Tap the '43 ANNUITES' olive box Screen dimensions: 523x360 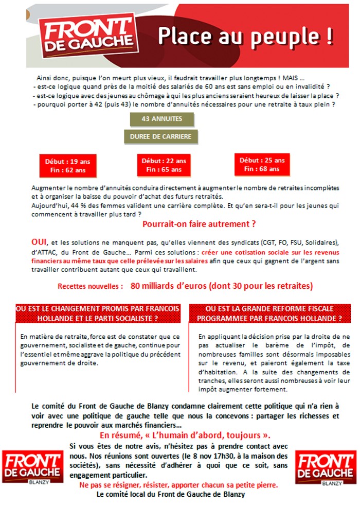point(162,119)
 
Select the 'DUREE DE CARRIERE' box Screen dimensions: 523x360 point(161,136)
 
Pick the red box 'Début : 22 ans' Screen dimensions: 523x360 point(164,165)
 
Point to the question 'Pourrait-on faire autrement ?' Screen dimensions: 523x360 point(199,224)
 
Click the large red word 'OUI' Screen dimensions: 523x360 point(39,242)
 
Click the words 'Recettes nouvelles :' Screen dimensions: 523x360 point(91,286)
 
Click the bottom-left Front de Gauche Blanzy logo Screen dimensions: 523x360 point(32,466)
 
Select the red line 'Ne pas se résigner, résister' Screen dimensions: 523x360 point(178,485)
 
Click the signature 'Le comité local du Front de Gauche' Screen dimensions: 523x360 point(171,495)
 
